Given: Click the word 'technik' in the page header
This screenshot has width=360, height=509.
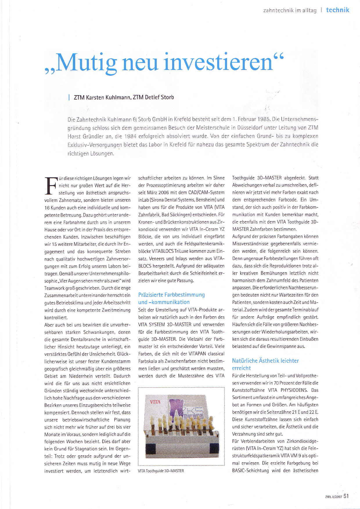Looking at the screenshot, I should coord(337,10).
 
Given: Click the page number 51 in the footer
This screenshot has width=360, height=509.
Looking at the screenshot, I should coord(346,496).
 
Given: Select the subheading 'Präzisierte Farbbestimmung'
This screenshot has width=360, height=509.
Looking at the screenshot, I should coord(172,295).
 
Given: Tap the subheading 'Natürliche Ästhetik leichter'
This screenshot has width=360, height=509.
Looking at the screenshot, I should coord(265,361).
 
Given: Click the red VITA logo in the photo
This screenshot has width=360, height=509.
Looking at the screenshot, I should coord(155,402).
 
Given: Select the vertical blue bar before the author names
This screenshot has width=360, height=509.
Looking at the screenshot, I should coord(69,98).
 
